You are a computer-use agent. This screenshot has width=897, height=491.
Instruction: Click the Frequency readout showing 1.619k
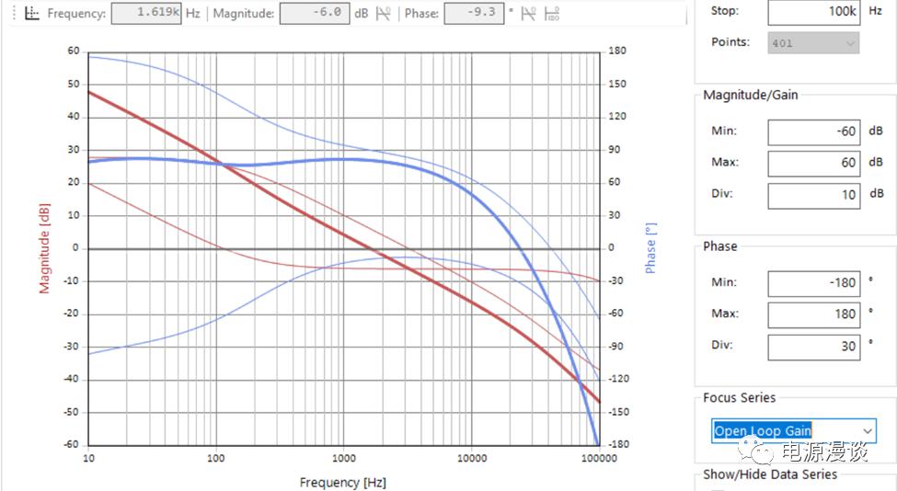[145, 14]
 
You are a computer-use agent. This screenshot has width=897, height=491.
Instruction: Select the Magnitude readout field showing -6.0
[314, 14]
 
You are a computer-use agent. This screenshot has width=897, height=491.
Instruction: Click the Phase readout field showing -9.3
[473, 14]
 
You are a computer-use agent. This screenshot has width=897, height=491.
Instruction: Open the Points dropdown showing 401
[812, 43]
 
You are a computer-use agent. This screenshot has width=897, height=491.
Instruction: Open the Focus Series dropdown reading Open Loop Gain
[793, 430]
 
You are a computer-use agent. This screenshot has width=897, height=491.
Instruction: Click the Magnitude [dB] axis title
[43, 247]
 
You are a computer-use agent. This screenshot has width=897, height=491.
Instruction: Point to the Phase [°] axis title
[651, 246]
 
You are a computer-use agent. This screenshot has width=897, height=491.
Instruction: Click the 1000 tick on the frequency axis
[343, 458]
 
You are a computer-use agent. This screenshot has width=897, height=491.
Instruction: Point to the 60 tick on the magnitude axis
[74, 51]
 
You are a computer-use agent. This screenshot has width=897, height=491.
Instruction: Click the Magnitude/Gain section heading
[751, 95]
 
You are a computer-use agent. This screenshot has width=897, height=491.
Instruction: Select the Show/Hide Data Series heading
[770, 474]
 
